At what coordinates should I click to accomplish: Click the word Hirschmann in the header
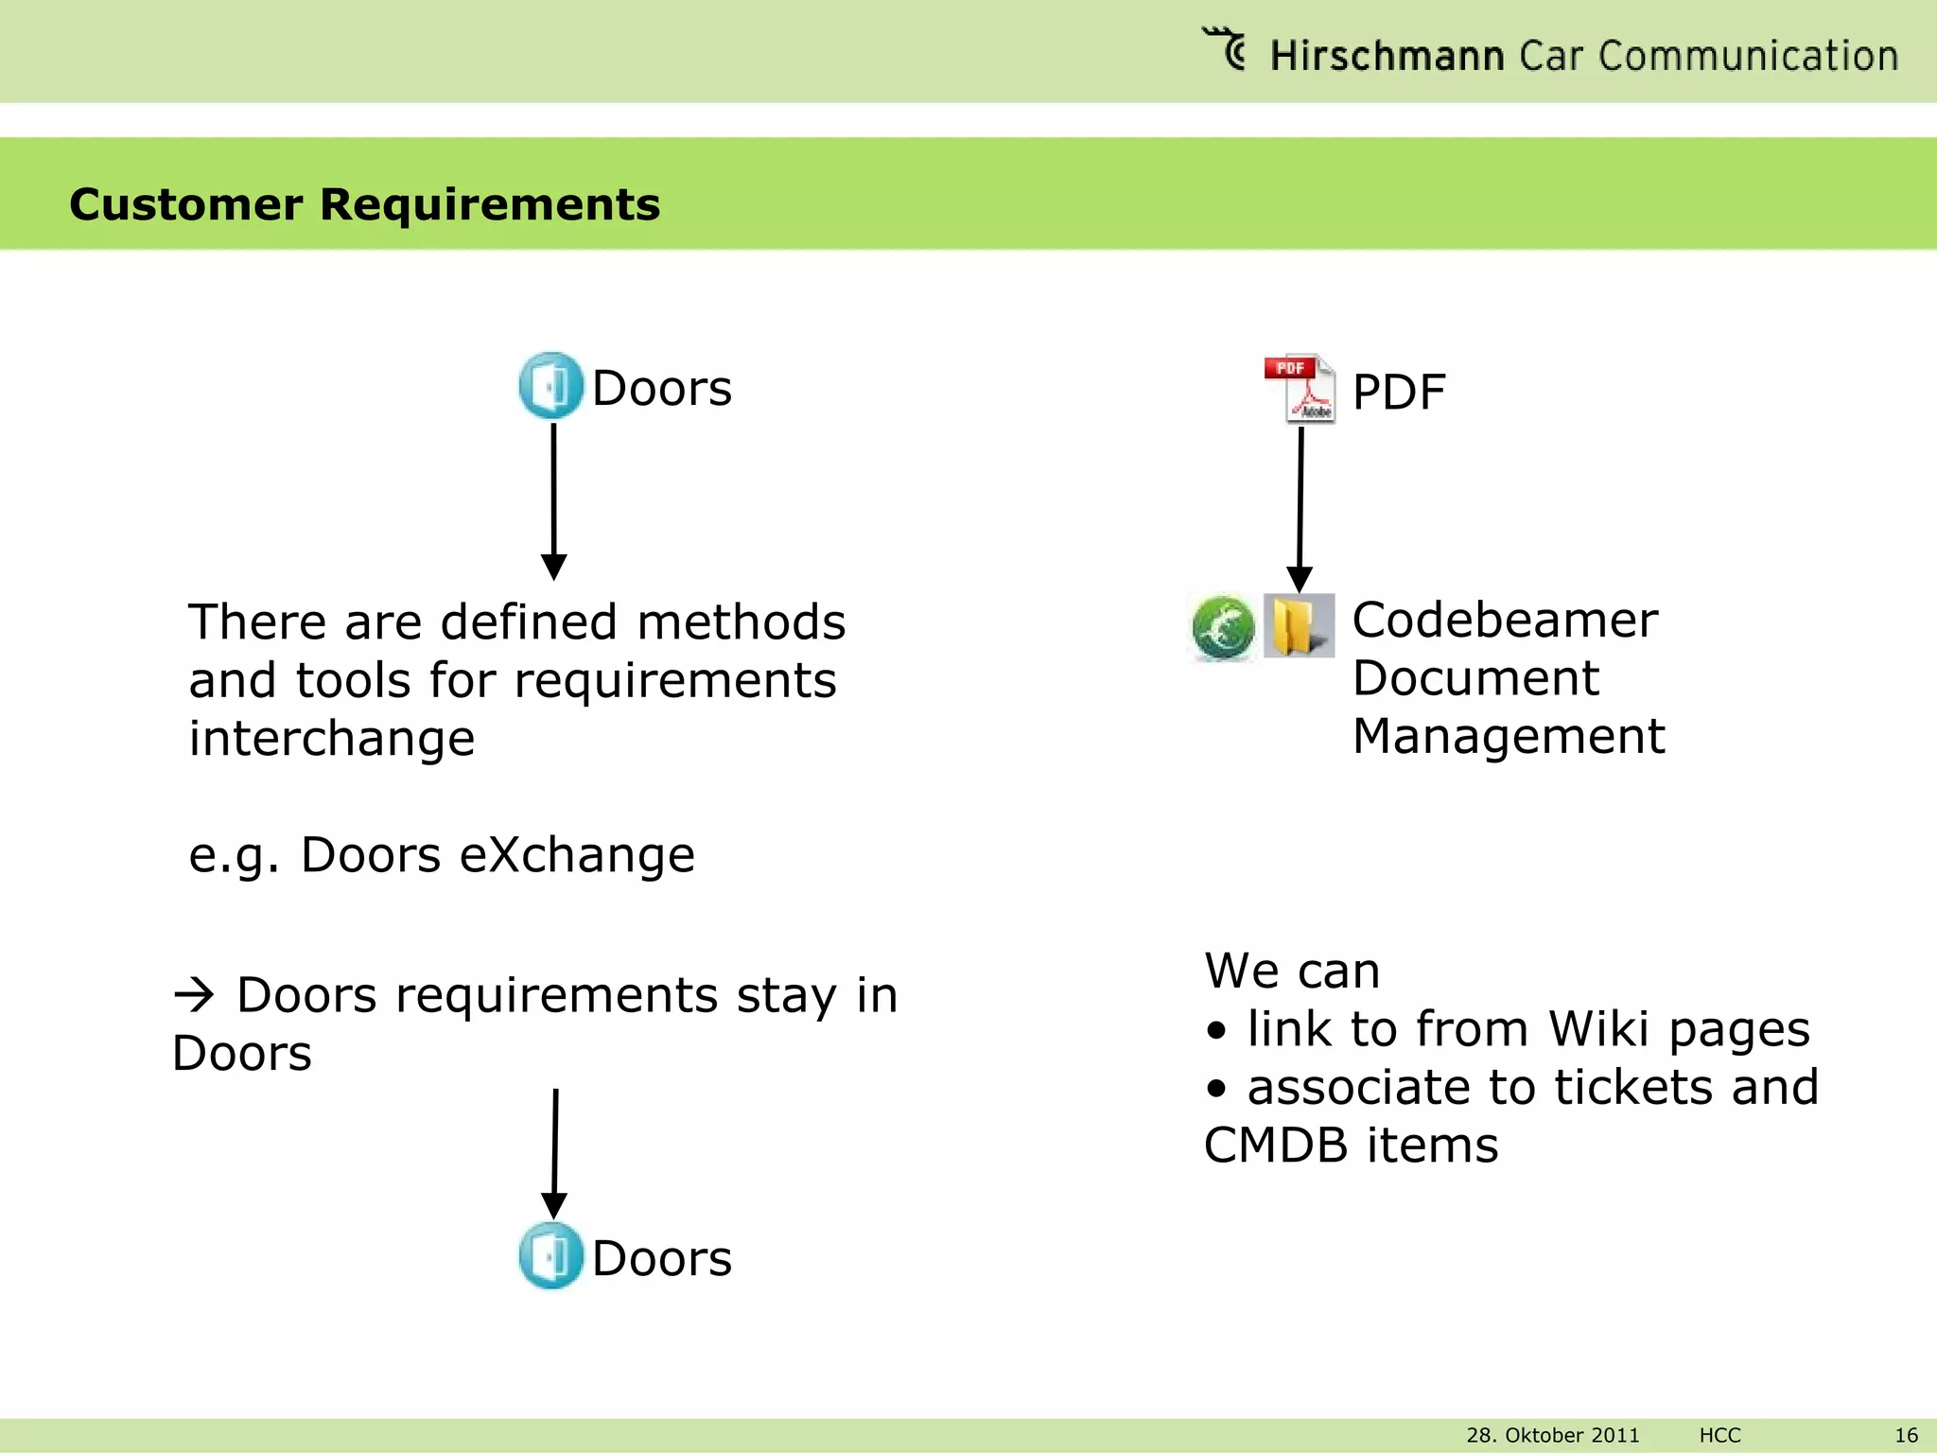[1386, 56]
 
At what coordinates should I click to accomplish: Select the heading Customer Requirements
[364, 204]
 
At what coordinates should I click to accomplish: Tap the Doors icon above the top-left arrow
[550, 386]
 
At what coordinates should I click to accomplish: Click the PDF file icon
[1301, 389]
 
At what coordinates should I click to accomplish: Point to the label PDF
[1399, 392]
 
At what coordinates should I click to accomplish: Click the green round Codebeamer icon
[1223, 627]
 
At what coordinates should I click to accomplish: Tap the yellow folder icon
[1299, 625]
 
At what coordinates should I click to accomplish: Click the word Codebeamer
[1504, 621]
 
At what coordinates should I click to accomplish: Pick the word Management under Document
[1508, 736]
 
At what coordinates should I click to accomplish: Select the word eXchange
[577, 855]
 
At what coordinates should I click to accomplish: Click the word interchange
[331, 739]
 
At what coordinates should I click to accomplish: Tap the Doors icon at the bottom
[550, 1256]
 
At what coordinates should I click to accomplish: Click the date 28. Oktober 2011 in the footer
[1552, 1435]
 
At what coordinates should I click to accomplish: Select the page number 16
[1906, 1435]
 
